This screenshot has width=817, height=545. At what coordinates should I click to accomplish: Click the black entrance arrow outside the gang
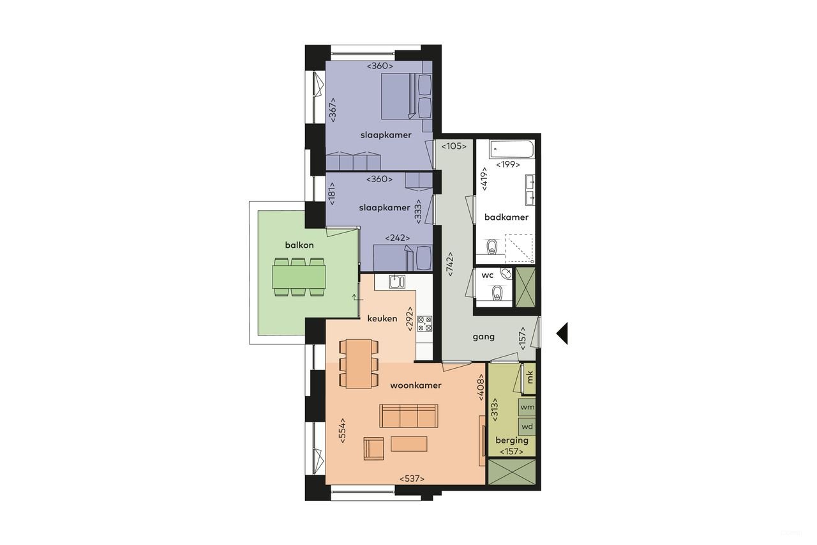click(562, 333)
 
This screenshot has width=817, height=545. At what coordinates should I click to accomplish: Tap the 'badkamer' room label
click(506, 217)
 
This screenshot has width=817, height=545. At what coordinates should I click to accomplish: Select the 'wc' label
click(488, 275)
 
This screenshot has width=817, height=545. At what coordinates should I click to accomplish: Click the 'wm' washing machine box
click(527, 407)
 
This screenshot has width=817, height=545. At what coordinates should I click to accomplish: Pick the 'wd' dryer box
click(527, 426)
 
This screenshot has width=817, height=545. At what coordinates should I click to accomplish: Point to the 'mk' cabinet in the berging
click(529, 378)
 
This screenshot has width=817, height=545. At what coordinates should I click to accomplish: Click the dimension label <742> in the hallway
click(450, 263)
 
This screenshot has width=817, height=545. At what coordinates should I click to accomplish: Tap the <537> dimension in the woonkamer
click(412, 479)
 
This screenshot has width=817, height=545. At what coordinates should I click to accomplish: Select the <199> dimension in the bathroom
click(507, 165)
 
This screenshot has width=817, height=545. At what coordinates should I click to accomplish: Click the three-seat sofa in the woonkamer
click(408, 415)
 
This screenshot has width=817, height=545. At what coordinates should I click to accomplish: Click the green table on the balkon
click(299, 277)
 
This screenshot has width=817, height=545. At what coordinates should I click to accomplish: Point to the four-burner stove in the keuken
click(424, 324)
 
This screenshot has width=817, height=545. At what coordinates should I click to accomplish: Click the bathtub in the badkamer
click(511, 150)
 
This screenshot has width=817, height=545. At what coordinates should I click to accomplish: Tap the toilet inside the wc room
click(497, 293)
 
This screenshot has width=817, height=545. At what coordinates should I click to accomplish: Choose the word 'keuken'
click(382, 318)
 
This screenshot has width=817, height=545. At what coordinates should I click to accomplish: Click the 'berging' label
click(512, 440)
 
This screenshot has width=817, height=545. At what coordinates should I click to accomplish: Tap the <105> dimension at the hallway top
click(454, 146)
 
